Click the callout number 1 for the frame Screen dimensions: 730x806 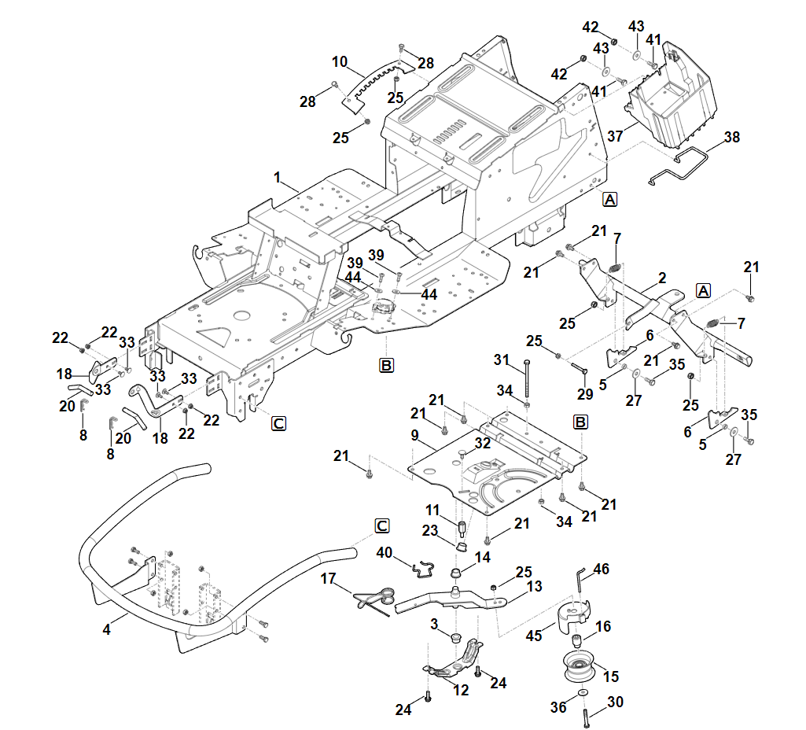point(277,179)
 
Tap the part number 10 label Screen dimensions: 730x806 point(340,61)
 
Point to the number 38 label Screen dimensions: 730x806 point(732,137)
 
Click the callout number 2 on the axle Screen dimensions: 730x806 point(662,278)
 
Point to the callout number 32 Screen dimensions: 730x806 point(482,443)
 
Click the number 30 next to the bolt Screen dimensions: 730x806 point(615,702)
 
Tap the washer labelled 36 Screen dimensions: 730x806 point(581,693)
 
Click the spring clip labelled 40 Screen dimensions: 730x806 point(425,565)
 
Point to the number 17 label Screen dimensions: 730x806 point(328,579)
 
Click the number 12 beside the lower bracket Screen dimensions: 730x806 point(462,690)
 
